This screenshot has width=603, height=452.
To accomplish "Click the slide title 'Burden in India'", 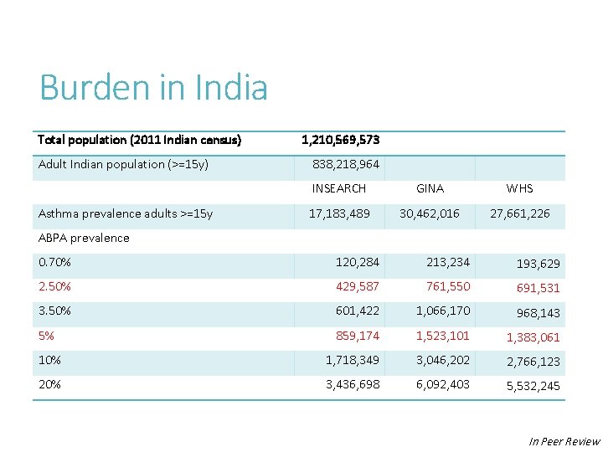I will pos(153,88).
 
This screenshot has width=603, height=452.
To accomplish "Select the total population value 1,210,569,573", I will pos(340,140).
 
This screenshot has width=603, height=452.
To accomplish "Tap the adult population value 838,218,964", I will pos(345,164).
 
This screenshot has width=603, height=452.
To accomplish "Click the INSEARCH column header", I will pos(339,188).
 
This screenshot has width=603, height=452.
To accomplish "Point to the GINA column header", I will pos(430,188).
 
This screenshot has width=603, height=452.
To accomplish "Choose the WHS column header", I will pos(519,188).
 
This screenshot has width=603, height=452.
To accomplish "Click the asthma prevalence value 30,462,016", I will pos(429,213).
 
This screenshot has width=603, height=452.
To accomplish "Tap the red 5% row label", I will pos(46,336).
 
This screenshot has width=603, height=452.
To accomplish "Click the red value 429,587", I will pos(357,286).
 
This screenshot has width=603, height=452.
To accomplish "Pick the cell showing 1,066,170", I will pos(443,311).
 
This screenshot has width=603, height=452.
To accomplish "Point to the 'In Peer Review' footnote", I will pos(564,441).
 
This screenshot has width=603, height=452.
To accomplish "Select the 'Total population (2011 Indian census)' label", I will pos(139,140).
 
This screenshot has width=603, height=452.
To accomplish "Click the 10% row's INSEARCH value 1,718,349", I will pos(352,360).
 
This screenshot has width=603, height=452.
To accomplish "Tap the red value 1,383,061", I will pos(533,337).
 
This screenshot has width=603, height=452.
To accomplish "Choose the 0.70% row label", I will pos(54,262).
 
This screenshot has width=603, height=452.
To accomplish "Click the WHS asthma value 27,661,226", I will pos(519,213).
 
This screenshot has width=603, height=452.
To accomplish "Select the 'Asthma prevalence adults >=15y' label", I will pos(126,213).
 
